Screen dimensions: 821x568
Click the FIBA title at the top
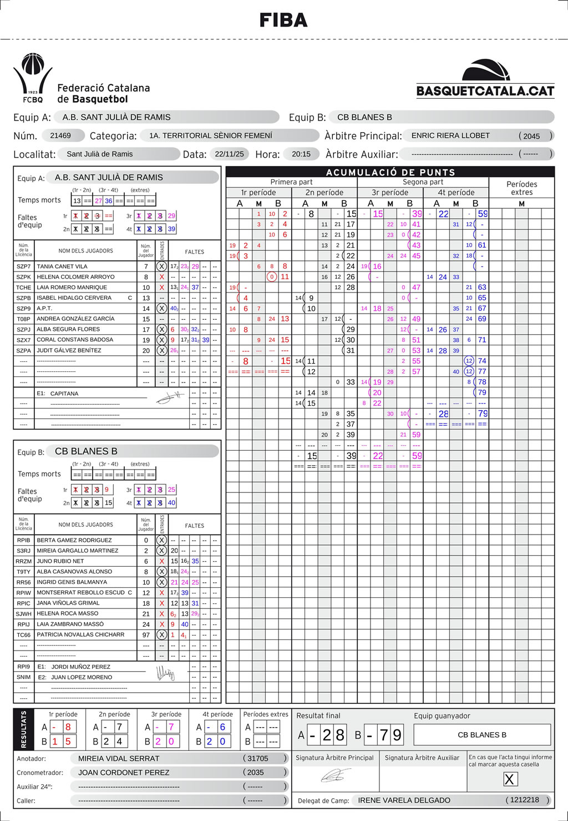click(283, 21)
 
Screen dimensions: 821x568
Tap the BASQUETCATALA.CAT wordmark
click(485, 91)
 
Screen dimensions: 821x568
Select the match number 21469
click(60, 135)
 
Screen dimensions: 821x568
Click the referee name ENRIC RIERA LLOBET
click(450, 135)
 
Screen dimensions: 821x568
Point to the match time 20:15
click(301, 154)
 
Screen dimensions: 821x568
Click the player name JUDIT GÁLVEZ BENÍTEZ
click(69, 350)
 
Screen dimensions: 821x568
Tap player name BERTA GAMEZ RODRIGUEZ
click(74, 540)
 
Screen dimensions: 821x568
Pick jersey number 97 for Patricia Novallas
click(146, 634)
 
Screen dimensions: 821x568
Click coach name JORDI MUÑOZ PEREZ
click(81, 667)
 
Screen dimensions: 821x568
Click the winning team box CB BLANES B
click(482, 735)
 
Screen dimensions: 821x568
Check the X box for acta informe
click(509, 779)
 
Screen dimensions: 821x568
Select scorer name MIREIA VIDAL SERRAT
click(119, 758)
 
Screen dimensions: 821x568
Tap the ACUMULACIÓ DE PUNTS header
click(390, 172)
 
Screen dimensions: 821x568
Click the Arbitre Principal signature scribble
click(336, 775)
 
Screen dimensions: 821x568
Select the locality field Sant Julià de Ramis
click(100, 154)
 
